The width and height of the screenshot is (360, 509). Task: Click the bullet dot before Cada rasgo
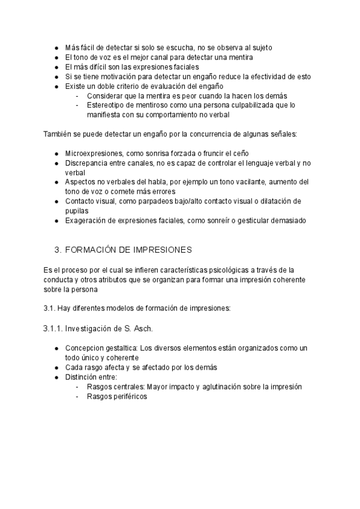click(x=56, y=368)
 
